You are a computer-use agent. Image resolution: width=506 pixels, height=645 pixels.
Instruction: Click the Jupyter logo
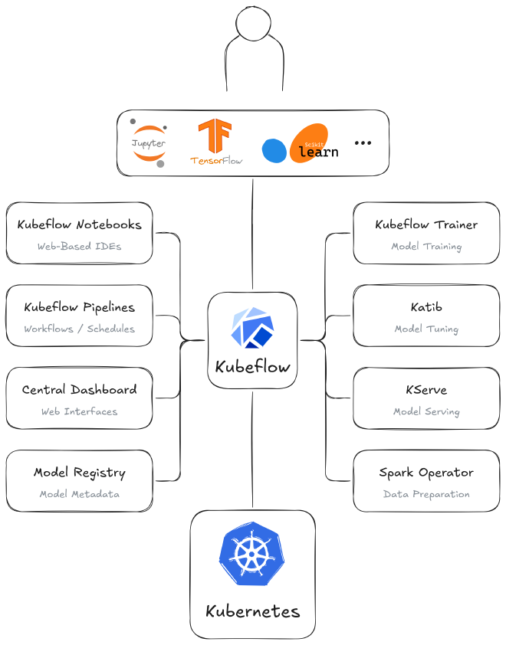point(149,143)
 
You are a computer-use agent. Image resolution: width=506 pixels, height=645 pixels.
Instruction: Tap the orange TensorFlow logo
point(215,142)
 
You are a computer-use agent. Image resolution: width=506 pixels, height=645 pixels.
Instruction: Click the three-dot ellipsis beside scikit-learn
point(363,143)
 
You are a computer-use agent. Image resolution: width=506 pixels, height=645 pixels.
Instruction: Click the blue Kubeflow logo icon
point(253,328)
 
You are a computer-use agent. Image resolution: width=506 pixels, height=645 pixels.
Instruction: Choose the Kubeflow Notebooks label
point(80,225)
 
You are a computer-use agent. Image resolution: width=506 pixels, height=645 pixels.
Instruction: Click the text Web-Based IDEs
point(79,247)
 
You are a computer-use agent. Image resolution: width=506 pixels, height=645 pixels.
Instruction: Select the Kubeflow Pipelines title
point(79,307)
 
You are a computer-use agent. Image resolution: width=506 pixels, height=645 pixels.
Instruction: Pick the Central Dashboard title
point(79,390)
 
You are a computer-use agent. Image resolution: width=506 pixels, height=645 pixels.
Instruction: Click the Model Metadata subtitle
point(79,494)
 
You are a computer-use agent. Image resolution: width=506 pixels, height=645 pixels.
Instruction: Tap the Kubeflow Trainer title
point(426,225)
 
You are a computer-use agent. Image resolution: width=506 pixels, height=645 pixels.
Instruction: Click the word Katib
point(426,307)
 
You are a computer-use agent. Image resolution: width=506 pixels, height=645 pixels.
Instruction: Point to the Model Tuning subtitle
point(426,329)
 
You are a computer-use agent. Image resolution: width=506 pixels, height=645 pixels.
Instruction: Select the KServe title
point(426,390)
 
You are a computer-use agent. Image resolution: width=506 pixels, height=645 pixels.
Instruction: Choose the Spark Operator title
point(426,473)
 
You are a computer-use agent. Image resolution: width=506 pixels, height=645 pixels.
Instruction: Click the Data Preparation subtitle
point(426,494)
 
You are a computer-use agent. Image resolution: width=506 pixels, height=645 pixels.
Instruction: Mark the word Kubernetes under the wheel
point(253,612)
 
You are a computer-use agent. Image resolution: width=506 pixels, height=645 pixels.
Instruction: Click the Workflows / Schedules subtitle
point(79,329)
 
